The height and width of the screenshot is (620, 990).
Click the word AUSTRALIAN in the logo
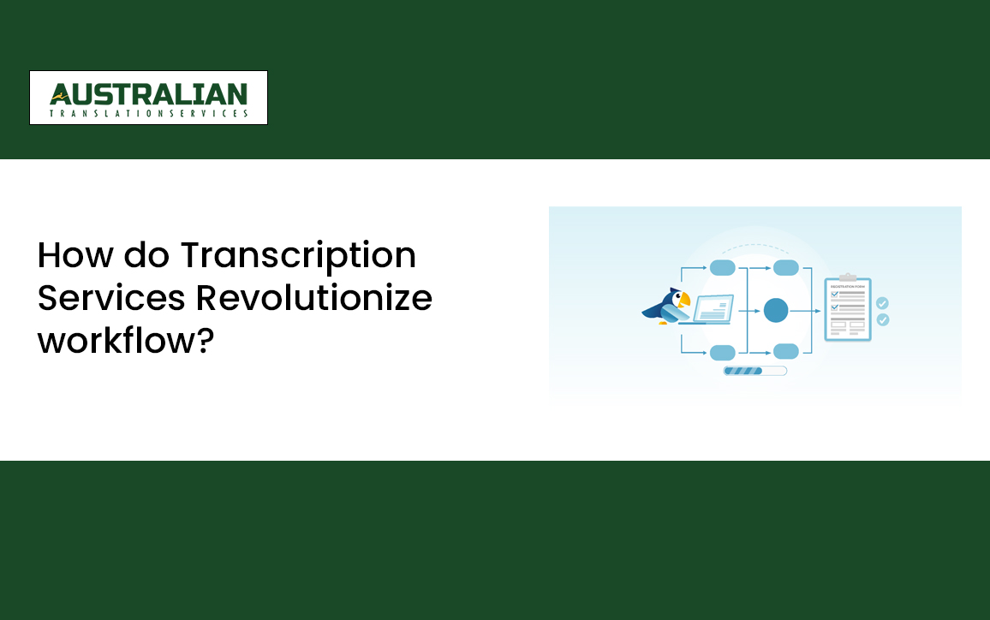coord(148,93)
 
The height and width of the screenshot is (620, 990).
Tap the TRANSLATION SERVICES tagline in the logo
coord(148,113)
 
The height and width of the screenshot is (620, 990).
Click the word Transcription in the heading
coord(298,255)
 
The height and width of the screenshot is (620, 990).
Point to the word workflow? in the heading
coord(125,339)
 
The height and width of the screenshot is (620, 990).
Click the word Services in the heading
coord(111,297)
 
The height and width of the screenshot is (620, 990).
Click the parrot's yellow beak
coord(683,300)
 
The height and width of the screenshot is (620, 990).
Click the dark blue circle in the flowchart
coord(775,310)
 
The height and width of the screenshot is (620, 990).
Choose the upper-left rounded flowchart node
coord(723,268)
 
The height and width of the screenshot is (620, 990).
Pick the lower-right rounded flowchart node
coord(785,351)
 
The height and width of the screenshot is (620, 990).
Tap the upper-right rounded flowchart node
coord(785,268)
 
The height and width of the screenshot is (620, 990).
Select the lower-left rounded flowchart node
coord(723,352)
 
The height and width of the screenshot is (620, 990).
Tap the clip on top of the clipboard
coord(847,277)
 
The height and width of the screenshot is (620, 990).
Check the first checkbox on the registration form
coord(834,294)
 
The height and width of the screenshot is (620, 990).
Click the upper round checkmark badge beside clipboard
coord(882,303)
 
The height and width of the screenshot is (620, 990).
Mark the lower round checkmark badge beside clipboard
coord(882,319)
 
